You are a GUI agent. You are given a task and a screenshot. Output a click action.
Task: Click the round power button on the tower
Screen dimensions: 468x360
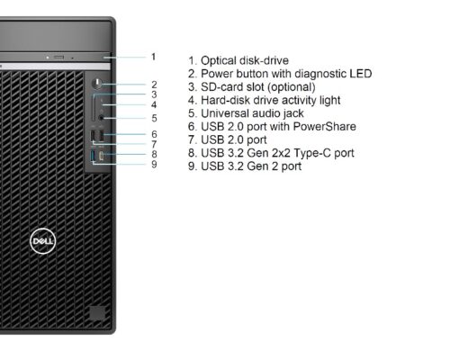pos(97,84)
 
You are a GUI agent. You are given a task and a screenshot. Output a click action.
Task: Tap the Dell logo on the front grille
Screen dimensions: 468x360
pos(42,241)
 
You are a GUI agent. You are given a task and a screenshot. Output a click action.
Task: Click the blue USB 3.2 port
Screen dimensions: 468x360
pos(93,156)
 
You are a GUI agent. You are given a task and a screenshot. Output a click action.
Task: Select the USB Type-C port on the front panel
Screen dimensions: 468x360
pos(102,156)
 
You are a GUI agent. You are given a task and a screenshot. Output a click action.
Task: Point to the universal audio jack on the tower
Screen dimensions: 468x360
pos(101,118)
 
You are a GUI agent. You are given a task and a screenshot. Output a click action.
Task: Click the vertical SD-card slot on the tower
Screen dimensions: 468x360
pos(94,108)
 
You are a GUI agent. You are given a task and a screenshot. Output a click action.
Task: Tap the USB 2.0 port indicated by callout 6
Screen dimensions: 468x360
pos(102,135)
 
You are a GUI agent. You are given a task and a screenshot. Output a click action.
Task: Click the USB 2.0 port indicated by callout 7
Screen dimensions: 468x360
pos(93,135)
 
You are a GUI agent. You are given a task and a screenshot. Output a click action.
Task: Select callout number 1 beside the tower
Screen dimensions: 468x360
pos(154,57)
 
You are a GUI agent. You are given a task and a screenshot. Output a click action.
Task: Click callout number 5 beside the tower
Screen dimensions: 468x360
pos(154,118)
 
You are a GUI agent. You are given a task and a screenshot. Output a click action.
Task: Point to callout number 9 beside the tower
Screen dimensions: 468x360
pos(154,164)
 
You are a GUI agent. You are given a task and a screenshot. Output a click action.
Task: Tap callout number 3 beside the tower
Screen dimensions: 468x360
pos(154,94)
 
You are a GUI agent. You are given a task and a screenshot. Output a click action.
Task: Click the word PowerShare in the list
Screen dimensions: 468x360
pos(324,126)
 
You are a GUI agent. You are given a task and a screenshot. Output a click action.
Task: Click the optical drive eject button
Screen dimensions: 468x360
pos(58,57)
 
